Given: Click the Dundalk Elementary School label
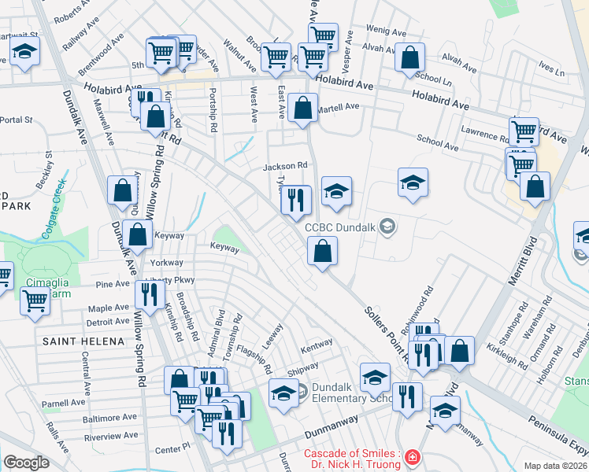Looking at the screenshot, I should [x=346, y=393].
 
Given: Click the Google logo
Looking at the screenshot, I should [x=26, y=463].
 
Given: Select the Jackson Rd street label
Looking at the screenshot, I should [x=284, y=166].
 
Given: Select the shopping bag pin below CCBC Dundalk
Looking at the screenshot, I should [x=322, y=253].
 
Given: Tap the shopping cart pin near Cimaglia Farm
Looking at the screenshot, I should [x=34, y=301].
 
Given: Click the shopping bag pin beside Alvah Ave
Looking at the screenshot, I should [x=409, y=57].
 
